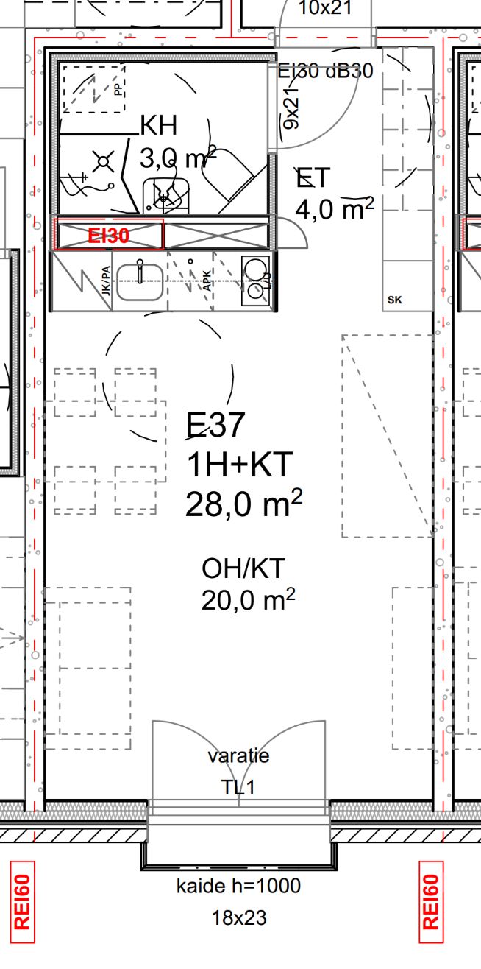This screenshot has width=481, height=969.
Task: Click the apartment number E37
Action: coord(215,425)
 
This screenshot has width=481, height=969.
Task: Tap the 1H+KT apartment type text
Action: coord(240,465)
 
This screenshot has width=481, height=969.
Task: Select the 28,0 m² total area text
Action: coord(243,503)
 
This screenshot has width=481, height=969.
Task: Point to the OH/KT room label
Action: coord(243,568)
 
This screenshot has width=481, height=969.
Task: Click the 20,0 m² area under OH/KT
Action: coord(248,599)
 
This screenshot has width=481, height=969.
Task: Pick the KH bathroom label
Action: coord(159,125)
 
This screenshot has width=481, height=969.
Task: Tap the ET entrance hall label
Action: coord(313,177)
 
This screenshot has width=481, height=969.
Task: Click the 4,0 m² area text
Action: coord(335,208)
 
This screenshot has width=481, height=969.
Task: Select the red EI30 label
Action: coord(108,236)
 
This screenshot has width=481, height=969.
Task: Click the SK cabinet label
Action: coord(394,300)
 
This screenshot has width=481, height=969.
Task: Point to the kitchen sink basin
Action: coord(140,282)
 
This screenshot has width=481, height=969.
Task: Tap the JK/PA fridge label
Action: coord(106,281)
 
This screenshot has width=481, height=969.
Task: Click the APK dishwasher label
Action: coord(207,281)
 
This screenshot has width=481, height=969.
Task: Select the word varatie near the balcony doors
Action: coord(238,755)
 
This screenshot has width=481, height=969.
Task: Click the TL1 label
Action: coord(238,787)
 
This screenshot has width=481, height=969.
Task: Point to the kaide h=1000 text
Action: coord(238,886)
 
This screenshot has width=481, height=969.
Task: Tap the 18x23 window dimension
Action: coord(239,918)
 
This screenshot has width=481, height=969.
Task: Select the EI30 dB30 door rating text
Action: coord(325,71)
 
